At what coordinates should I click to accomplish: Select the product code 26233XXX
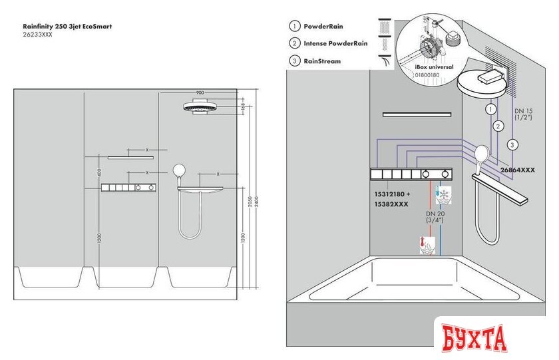click(37, 35)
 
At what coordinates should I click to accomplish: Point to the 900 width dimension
click(200, 92)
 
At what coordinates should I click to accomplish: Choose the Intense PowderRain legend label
click(335, 44)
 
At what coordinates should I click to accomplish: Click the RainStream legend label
click(322, 61)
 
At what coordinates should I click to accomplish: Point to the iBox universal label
click(435, 67)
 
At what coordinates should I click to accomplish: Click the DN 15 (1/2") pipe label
click(525, 114)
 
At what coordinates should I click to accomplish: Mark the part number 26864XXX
click(518, 170)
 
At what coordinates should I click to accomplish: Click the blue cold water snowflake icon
click(442, 195)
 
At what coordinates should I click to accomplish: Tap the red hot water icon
click(423, 246)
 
